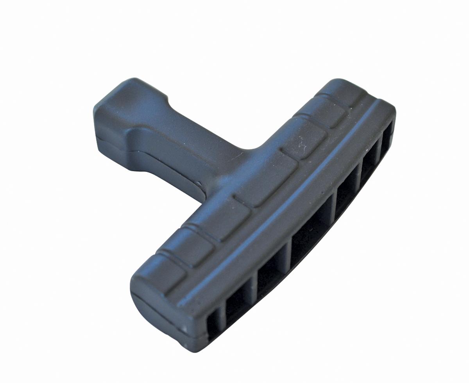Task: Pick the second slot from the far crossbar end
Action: (x=369, y=164)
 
